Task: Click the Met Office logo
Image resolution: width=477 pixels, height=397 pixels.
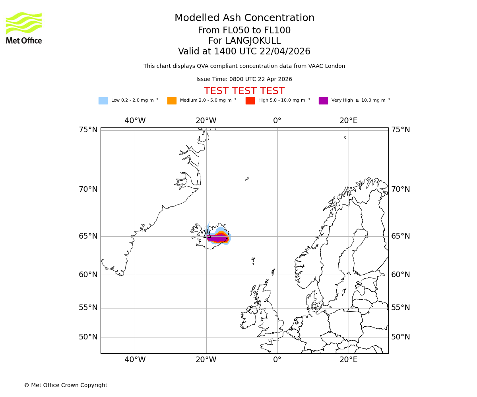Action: click(24, 28)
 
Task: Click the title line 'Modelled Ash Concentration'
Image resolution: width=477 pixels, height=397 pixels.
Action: click(244, 18)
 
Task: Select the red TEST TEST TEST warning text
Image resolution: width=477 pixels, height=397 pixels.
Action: click(244, 91)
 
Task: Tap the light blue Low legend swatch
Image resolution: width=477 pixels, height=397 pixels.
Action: click(103, 101)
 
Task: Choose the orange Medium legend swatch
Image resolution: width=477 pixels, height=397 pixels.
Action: click(172, 101)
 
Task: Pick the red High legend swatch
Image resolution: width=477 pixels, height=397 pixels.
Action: click(250, 101)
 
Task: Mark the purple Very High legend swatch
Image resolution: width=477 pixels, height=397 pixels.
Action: click(323, 101)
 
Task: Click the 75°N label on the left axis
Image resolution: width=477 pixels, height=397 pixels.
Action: click(88, 130)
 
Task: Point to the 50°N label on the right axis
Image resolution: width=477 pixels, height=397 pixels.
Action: click(400, 337)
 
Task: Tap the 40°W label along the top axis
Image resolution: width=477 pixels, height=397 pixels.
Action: click(135, 121)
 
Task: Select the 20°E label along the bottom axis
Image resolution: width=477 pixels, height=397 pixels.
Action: click(349, 360)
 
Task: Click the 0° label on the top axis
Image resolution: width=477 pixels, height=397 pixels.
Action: click(277, 121)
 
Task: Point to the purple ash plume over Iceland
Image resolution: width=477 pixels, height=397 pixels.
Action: click(217, 238)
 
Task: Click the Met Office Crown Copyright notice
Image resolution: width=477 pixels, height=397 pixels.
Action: click(66, 385)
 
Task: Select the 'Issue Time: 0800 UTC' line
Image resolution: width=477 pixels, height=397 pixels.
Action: click(244, 79)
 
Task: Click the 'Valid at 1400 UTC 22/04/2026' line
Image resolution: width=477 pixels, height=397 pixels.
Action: click(244, 52)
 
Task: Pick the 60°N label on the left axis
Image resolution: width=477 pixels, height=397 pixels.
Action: click(88, 275)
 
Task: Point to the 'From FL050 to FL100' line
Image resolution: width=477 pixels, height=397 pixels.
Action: click(244, 31)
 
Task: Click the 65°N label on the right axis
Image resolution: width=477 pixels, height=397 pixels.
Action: click(400, 236)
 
